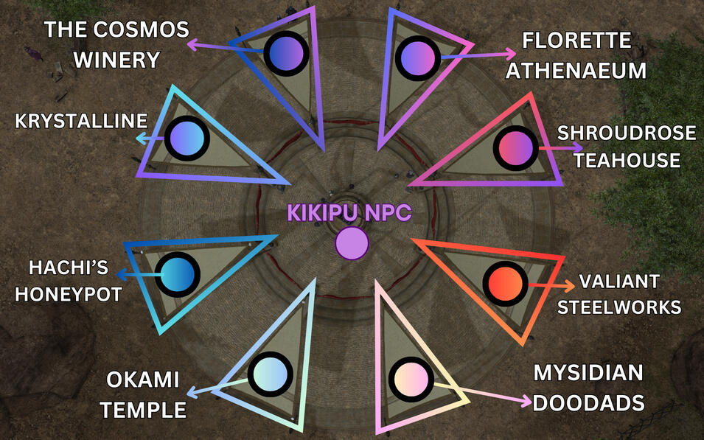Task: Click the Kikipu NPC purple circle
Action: (352, 243)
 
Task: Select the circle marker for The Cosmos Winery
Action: (285, 52)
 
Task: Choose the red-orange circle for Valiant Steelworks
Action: (506, 283)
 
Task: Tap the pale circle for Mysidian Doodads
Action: (411, 380)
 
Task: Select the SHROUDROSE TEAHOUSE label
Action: (626, 146)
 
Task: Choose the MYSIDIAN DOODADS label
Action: (589, 389)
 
